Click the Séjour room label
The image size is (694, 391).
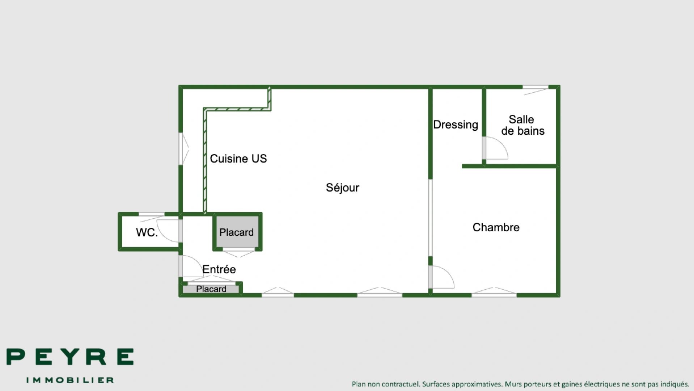[x=342, y=188]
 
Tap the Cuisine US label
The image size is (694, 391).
[x=238, y=158]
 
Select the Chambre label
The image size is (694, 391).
[x=496, y=227]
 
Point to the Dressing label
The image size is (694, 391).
[x=455, y=125]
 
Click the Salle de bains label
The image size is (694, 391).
[x=522, y=125]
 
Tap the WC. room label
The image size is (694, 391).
[x=147, y=232]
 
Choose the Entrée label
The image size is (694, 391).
[x=219, y=269]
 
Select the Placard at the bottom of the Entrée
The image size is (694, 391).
[x=211, y=289]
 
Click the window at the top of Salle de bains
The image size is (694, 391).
[x=536, y=89]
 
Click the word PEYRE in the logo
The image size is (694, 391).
[x=70, y=357]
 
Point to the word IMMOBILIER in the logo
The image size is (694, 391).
[x=70, y=380]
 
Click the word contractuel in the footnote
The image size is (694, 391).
[x=402, y=384]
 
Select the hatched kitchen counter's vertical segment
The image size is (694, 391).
[x=205, y=161]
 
